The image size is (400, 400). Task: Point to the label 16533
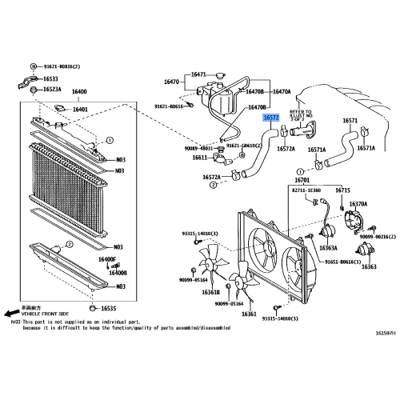(x=51, y=79)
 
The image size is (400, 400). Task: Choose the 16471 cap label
(x=198, y=74)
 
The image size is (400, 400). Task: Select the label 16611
(x=200, y=158)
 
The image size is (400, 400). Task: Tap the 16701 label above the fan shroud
(x=302, y=182)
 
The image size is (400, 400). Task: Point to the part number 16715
(x=343, y=190)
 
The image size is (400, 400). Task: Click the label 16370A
(x=357, y=204)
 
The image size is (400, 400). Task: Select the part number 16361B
(x=210, y=292)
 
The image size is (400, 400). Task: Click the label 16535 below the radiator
(x=108, y=309)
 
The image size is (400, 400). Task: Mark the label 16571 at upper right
(x=350, y=121)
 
